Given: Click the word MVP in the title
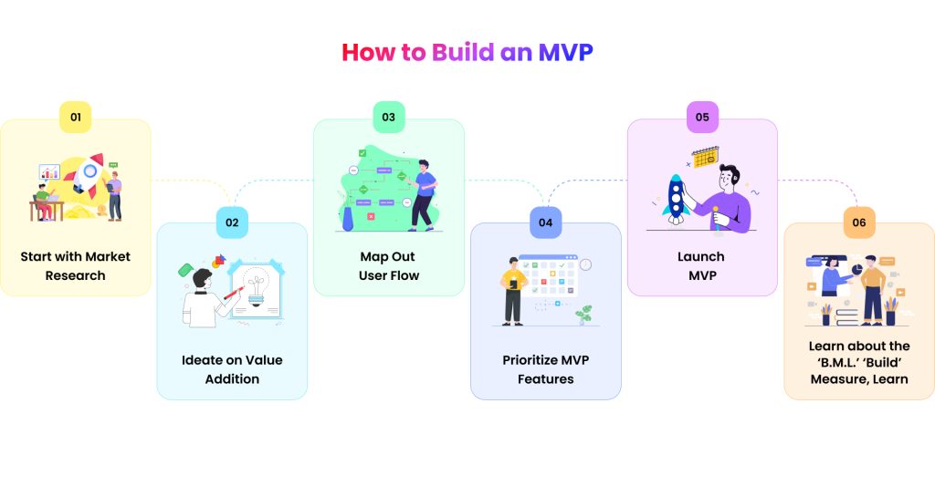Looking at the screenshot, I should [565, 52].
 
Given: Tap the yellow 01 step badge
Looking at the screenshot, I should [76, 117].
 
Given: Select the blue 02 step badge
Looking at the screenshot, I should [232, 222].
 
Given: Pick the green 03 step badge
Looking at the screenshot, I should [389, 117].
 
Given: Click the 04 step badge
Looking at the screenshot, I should [545, 222].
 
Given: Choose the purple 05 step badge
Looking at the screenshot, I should [702, 117].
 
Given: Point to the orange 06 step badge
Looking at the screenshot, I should [859, 222].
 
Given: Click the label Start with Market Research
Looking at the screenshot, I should [76, 265].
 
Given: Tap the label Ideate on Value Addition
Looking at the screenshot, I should [232, 369].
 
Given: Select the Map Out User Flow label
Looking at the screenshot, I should [389, 265].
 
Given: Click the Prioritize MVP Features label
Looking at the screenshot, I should [545, 369].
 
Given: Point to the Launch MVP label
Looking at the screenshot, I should [701, 265].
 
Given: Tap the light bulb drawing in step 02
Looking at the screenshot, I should [257, 287].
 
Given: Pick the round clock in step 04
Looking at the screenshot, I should [585, 264].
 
